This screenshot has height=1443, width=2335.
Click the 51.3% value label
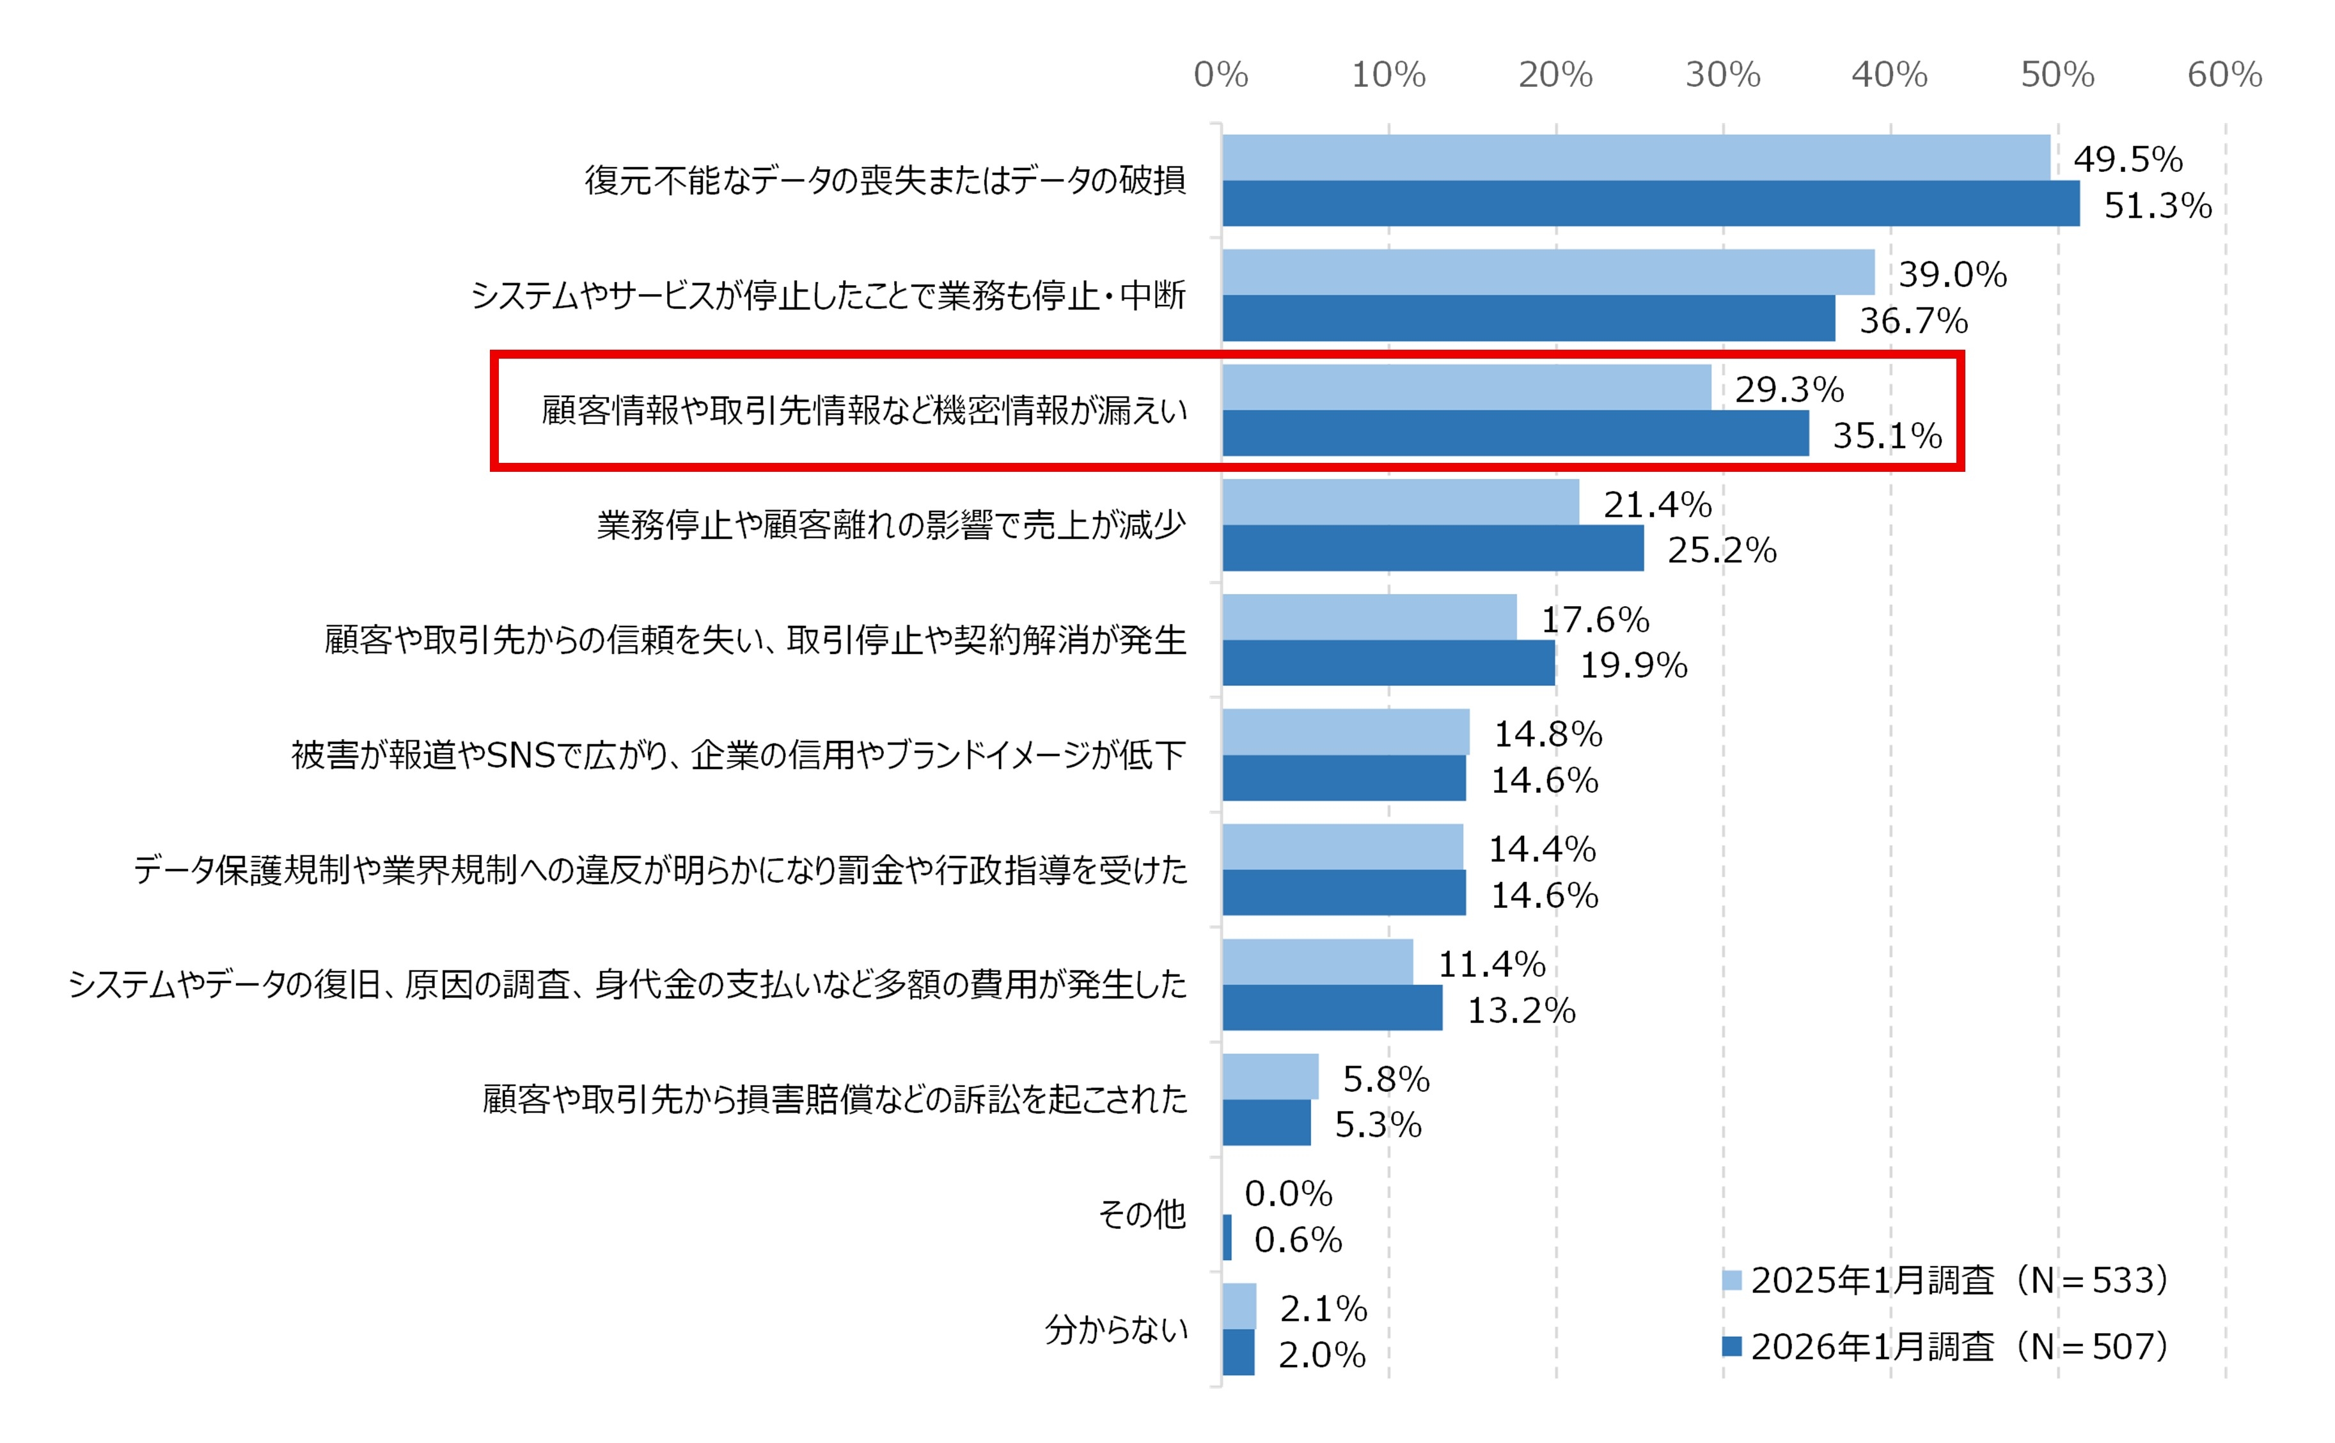2157,206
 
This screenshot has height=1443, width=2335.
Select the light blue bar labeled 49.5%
1635,157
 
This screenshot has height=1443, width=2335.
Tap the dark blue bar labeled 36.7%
1527,318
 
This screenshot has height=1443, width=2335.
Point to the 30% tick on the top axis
1722,74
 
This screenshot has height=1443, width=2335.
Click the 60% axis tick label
2224,74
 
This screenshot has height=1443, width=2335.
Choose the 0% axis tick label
1221,74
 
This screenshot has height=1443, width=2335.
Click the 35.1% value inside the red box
1886,436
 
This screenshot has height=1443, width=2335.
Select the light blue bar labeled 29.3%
1466,387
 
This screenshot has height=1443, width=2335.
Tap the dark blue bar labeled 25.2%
1432,548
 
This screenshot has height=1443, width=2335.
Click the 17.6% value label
1595,620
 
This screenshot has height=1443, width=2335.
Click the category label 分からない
1116,1329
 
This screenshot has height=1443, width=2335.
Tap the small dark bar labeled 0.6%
1227,1237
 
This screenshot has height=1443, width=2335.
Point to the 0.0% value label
1288,1193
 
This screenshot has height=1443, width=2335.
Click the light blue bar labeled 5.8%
1270,1077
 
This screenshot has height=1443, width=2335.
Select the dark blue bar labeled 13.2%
1332,1008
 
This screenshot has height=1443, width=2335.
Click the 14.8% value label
1548,734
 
